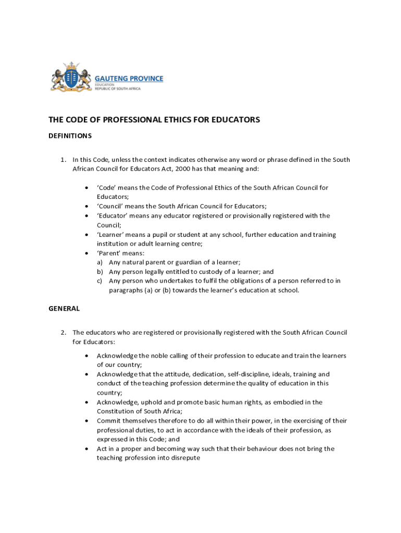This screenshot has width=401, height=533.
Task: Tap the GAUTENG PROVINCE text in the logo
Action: click(x=129, y=79)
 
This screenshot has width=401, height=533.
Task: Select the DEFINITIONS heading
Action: click(x=70, y=136)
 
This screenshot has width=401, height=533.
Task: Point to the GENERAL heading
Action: click(x=64, y=309)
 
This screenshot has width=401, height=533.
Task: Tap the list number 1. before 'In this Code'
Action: click(x=62, y=160)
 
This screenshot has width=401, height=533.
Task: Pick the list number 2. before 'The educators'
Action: click(x=62, y=332)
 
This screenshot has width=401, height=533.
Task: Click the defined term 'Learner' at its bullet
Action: click(x=110, y=235)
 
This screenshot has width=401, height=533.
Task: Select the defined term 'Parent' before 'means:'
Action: click(x=108, y=253)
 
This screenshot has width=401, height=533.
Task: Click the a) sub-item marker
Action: click(x=99, y=262)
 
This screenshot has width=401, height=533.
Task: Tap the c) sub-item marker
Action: click(x=99, y=281)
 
